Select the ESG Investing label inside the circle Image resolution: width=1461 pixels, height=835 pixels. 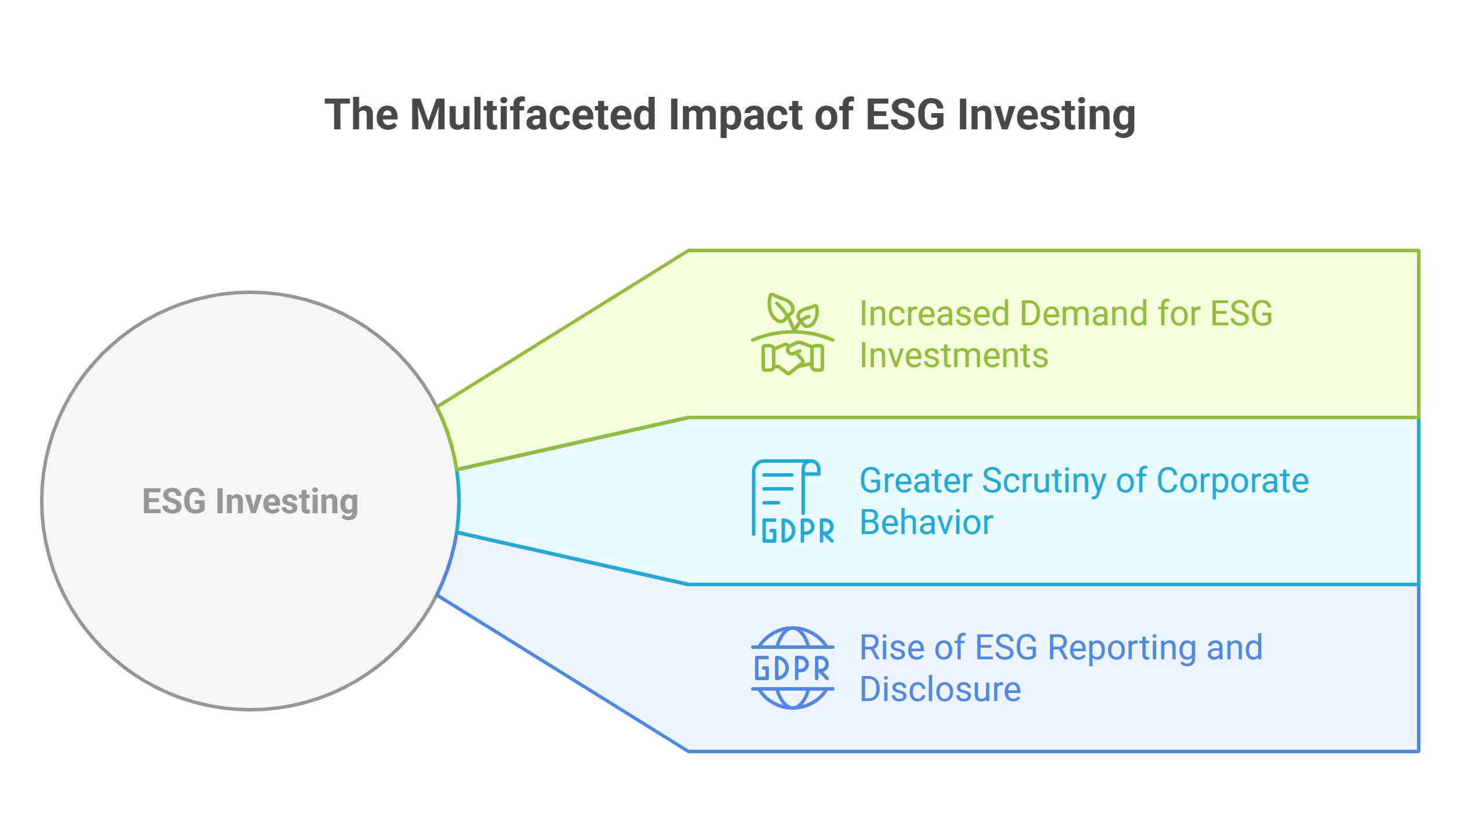[250, 502]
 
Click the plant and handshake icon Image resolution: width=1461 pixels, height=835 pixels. [793, 334]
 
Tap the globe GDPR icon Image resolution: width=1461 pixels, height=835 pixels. [793, 668]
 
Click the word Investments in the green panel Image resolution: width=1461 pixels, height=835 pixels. [954, 355]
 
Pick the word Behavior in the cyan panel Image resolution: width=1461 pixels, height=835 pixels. [926, 522]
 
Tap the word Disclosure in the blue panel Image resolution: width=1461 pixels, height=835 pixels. [940, 689]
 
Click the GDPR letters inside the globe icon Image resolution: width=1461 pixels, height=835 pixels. [792, 669]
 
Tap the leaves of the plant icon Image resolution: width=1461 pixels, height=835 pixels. [793, 312]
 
